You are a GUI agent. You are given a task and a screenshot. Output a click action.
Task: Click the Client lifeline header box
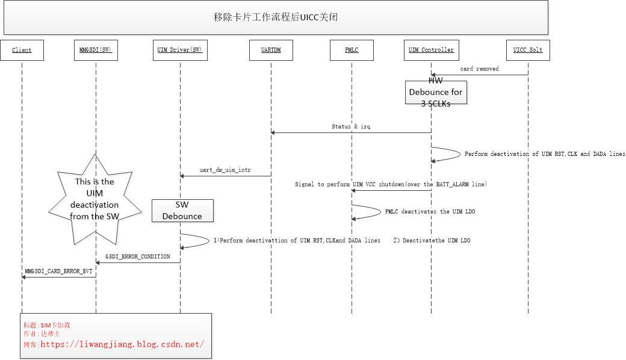[22, 50]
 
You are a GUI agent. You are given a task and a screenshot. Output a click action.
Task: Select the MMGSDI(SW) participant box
[96, 50]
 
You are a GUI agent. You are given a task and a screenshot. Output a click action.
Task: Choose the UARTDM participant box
[271, 50]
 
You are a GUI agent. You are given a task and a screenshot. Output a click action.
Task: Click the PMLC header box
[352, 50]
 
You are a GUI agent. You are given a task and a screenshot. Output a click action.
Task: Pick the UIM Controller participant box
[431, 50]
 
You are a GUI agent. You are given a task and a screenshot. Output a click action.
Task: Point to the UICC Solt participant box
[528, 50]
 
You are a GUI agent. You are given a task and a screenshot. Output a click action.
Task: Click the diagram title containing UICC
[276, 17]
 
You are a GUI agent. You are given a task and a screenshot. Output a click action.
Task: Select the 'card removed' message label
[479, 69]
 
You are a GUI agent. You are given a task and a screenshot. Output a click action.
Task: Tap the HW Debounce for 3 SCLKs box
[436, 92]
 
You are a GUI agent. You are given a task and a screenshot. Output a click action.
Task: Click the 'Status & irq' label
[350, 127]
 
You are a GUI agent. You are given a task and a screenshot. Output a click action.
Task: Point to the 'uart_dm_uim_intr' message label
[226, 170]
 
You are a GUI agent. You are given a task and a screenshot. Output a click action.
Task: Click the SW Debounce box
[182, 211]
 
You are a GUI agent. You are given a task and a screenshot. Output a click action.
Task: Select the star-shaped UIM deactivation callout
[95, 199]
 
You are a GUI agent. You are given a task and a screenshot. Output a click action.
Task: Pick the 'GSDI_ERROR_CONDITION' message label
[138, 256]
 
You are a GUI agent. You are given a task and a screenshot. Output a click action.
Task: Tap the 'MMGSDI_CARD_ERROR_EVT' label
[58, 272]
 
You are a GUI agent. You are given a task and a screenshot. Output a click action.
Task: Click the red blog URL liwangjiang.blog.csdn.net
[122, 344]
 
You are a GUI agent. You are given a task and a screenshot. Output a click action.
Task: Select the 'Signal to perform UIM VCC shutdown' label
[391, 184]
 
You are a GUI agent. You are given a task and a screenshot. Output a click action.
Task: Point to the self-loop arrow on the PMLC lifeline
[367, 211]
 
